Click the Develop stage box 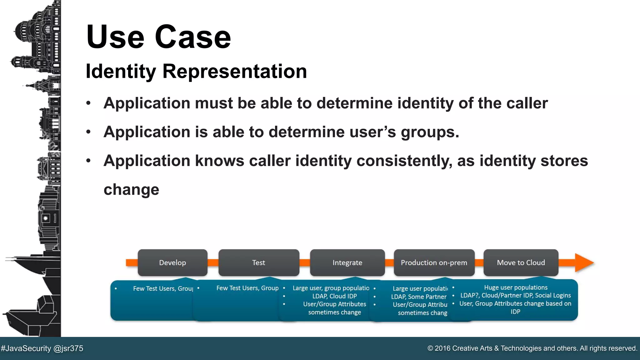[172, 262]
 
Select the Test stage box [258, 262]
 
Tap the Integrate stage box [347, 262]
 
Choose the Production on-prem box [434, 262]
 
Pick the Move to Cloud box [521, 262]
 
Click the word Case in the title [193, 37]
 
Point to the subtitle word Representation [234, 71]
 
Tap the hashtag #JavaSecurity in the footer [26, 348]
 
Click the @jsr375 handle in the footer [68, 348]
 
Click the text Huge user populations [516, 287]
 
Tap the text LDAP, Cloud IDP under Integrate [334, 296]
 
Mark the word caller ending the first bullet [527, 103]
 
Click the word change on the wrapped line [131, 190]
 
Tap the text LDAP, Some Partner [419, 297]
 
